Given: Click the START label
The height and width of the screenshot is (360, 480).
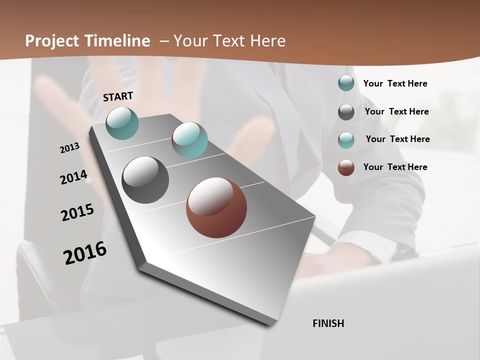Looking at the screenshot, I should point(118,96).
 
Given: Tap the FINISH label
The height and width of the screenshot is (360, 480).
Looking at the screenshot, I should point(328,323).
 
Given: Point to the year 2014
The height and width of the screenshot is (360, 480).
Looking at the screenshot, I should point(73,177).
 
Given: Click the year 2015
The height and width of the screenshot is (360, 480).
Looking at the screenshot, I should point(77,212).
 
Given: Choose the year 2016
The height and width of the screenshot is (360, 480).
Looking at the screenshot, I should point(85,252).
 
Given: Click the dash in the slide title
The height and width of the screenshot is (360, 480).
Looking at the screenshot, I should point(164,41).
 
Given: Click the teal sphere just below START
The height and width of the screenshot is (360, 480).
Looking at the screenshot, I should point(122,123).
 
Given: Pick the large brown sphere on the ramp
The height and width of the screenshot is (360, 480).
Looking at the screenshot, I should point(216,207).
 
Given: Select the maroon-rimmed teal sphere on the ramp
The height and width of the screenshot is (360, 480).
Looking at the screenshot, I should point(189,140).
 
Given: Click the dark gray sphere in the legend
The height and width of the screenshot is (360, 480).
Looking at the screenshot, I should point(346,112).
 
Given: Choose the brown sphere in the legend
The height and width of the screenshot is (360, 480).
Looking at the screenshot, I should point(346,167).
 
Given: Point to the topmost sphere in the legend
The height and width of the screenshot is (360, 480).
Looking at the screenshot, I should point(346,83).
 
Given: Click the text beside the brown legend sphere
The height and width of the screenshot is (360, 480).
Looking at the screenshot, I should point(395,167).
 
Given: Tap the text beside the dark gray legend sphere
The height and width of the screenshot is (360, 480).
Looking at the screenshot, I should point(396,111).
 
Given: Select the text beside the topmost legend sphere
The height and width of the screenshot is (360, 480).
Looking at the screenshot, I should point(395,83).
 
